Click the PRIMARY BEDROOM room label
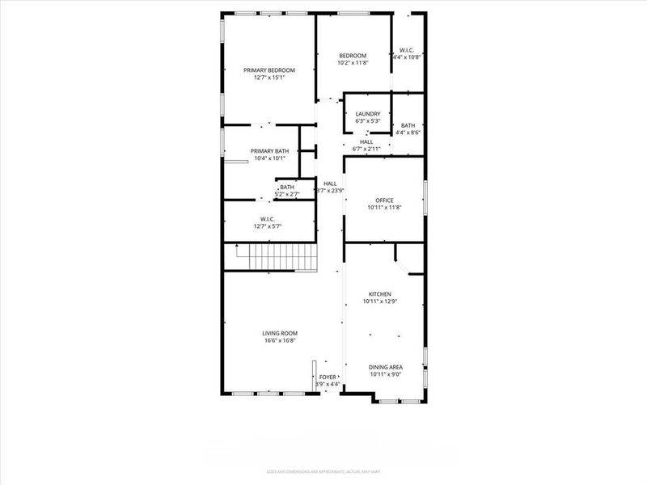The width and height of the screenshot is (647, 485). (x=269, y=70)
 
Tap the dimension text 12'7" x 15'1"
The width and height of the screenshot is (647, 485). (x=269, y=78)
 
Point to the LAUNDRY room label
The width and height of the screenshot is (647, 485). (x=368, y=114)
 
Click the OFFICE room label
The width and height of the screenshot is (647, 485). (x=383, y=200)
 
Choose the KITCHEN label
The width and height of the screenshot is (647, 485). (x=380, y=293)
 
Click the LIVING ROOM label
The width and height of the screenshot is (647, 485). (x=280, y=333)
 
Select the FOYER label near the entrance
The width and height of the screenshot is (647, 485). (x=328, y=377)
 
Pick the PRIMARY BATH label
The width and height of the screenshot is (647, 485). (x=269, y=151)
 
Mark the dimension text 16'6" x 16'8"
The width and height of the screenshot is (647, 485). (x=280, y=340)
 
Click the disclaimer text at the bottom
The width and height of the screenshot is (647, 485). (x=323, y=471)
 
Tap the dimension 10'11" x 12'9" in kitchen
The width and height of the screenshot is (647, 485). (x=380, y=302)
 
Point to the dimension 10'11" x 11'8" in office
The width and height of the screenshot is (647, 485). (x=383, y=208)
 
